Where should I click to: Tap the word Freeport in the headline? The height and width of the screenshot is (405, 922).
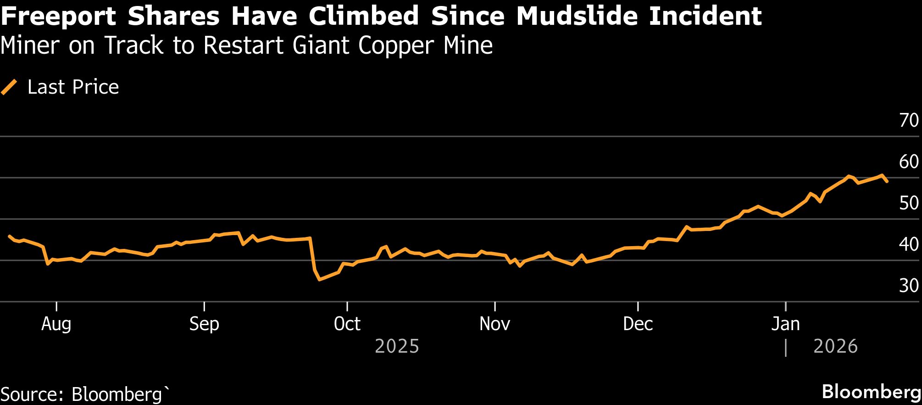pos(59,17)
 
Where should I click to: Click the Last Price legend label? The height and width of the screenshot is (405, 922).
pos(73,87)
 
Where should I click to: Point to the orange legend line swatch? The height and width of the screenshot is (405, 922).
pos(9,87)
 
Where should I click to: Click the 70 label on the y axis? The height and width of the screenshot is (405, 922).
pos(909,120)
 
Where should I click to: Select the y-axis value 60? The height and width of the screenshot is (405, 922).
pos(909,162)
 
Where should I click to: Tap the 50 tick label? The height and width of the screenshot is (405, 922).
pos(909,203)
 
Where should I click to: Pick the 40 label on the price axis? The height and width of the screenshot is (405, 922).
pos(909,244)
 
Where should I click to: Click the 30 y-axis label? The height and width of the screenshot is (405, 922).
pos(909,286)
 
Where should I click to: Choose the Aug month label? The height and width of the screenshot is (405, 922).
pos(56,324)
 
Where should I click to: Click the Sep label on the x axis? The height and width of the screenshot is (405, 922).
pos(204,324)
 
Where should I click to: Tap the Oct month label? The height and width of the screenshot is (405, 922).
pos(347,324)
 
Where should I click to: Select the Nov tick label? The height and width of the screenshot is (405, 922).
pos(495,324)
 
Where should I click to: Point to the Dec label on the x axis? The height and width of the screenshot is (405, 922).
pos(638,324)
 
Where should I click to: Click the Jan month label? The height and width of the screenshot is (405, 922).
pos(785,324)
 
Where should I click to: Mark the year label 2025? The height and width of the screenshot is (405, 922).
pos(397,346)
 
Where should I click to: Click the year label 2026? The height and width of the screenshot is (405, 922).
pos(835,346)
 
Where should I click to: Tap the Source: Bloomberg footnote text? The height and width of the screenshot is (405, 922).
pos(85,394)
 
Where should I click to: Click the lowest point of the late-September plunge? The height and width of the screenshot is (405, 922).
pos(319,279)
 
